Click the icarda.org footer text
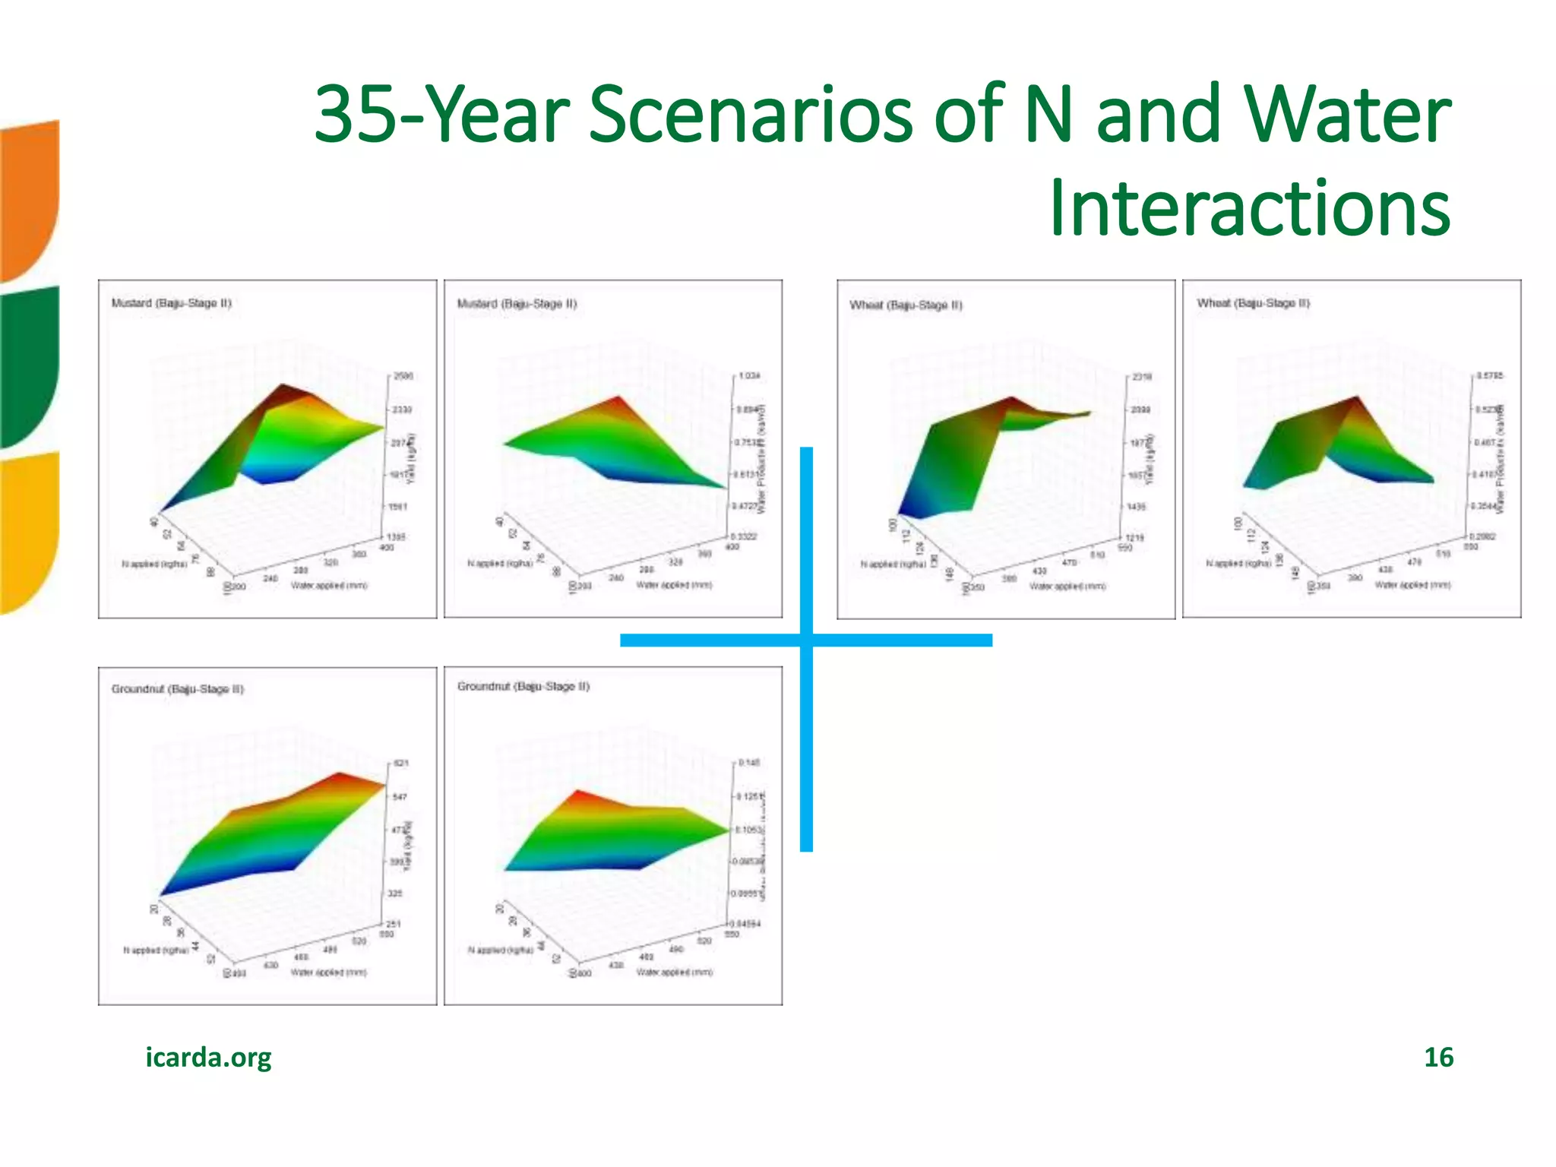coord(208,1057)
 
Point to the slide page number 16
coord(1437,1057)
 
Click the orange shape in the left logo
coord(29,198)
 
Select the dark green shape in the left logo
coord(29,365)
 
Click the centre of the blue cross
coord(806,640)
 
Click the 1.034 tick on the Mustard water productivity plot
coord(748,376)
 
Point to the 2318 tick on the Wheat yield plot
coord(1142,377)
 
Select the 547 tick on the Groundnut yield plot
coord(400,796)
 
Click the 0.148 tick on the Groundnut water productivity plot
coord(749,762)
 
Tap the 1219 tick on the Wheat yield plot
coord(1135,538)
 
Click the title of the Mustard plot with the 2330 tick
coord(171,302)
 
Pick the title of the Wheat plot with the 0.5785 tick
coord(1253,302)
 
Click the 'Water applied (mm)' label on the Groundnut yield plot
coord(328,972)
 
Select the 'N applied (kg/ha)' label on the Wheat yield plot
coord(893,564)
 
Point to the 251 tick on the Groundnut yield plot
coord(394,924)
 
